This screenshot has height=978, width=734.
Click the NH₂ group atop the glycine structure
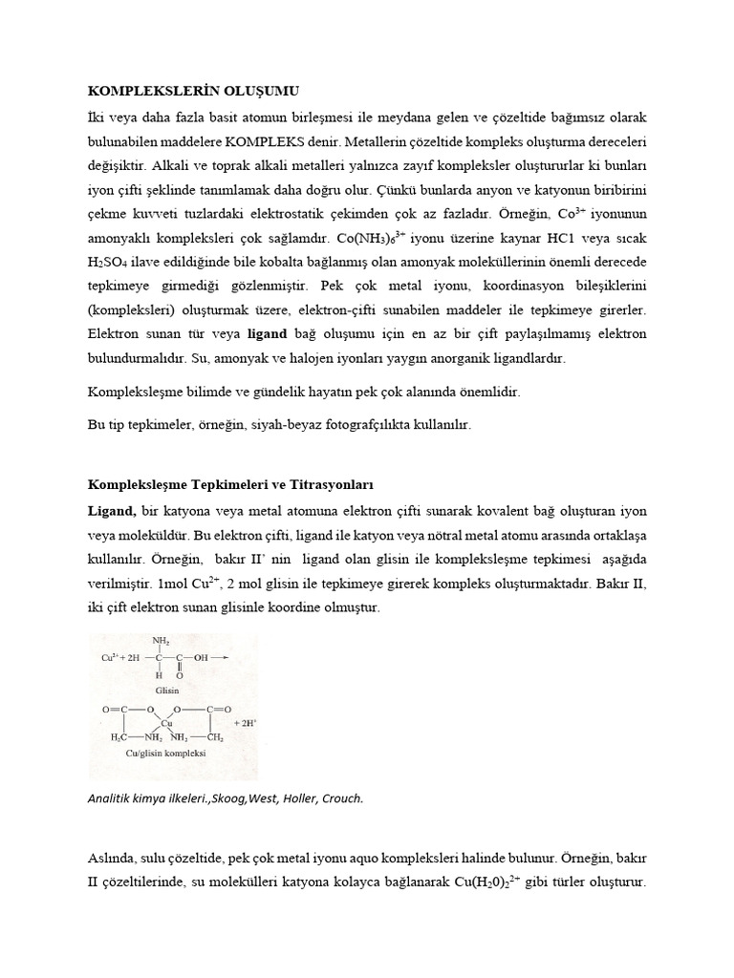pos(162,640)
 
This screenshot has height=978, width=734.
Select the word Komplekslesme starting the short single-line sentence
pos(132,393)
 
